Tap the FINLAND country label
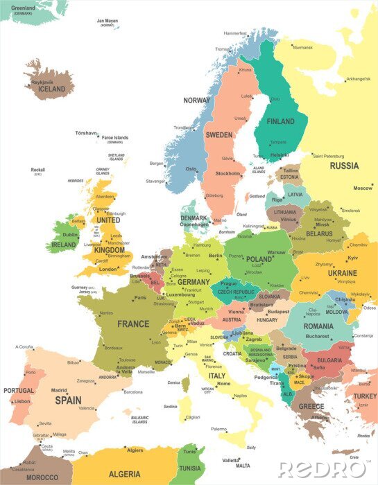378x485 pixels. [280, 121]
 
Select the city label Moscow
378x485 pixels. [363, 188]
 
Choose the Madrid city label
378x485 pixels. [59, 390]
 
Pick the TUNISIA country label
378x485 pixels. [189, 467]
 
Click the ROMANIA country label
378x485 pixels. [318, 326]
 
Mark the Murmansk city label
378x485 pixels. [302, 48]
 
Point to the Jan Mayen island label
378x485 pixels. [108, 21]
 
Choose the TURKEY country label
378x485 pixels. [365, 396]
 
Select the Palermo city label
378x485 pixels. [219, 429]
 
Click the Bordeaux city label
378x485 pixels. [114, 347]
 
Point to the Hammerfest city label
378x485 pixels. [235, 33]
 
